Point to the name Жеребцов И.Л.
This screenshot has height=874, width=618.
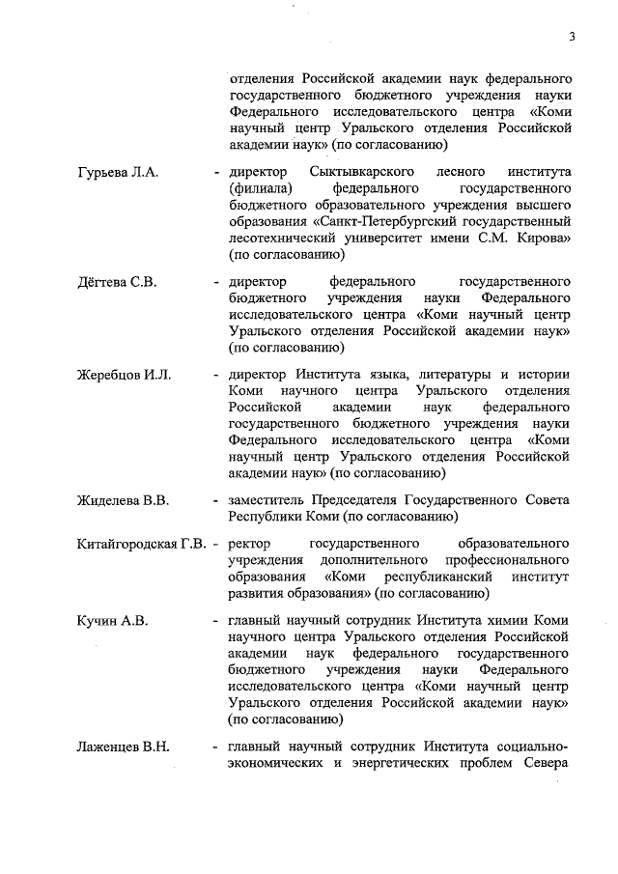[124, 375]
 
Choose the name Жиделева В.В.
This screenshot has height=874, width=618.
[123, 499]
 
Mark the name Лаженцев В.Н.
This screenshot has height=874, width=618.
[123, 747]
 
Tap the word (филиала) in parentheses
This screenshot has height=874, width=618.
[258, 188]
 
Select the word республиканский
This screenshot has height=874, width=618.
[437, 577]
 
